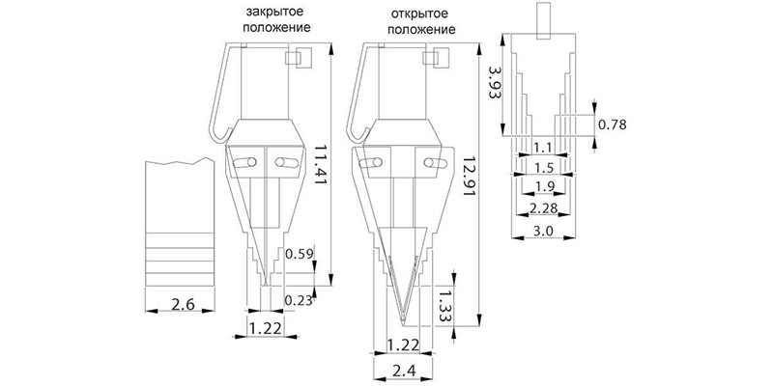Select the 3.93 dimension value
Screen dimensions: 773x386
[495, 84]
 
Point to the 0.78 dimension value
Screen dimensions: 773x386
[613, 125]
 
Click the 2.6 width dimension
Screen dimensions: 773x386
[180, 304]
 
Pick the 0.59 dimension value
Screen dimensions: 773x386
[300, 255]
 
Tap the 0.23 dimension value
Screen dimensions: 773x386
[299, 299]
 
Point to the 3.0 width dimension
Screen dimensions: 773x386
[543, 231]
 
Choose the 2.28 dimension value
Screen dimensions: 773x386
[543, 208]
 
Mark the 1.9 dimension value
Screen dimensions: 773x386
[544, 186]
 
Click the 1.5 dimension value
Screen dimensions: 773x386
[544, 167]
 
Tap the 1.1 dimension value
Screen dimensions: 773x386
[543, 147]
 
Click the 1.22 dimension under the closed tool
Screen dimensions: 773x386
[266, 328]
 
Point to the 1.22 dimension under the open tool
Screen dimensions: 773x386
[403, 345]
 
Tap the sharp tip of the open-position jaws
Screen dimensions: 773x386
[403, 323]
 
